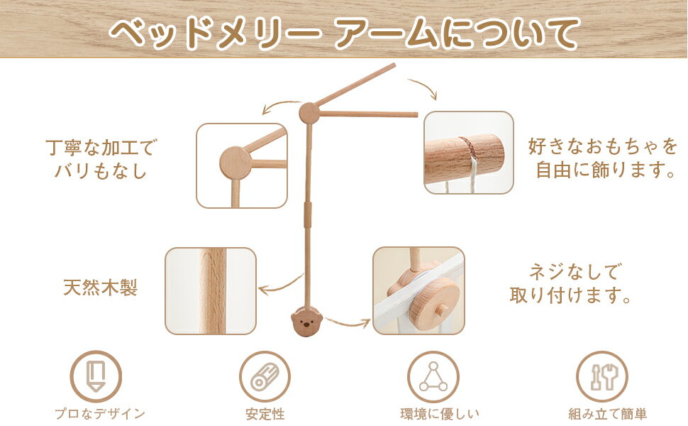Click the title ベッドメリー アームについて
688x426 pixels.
343,33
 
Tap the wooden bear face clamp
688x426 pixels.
306,322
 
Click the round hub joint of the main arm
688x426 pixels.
309,114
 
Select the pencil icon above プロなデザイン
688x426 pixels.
96,376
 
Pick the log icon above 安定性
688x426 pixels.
265,377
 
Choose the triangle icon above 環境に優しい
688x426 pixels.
433,377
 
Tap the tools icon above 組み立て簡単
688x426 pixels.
602,377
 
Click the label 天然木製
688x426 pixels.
101,288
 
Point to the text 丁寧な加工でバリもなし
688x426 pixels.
101,159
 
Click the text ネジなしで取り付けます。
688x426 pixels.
571,283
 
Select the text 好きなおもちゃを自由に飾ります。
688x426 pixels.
604,158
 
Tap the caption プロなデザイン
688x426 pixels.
100,414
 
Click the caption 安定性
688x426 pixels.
265,414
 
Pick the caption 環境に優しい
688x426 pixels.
440,414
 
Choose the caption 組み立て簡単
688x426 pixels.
608,414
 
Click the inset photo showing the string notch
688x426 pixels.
469,153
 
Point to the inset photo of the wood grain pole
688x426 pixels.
211,291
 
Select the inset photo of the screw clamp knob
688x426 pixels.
418,290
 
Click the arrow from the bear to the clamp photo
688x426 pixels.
348,323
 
